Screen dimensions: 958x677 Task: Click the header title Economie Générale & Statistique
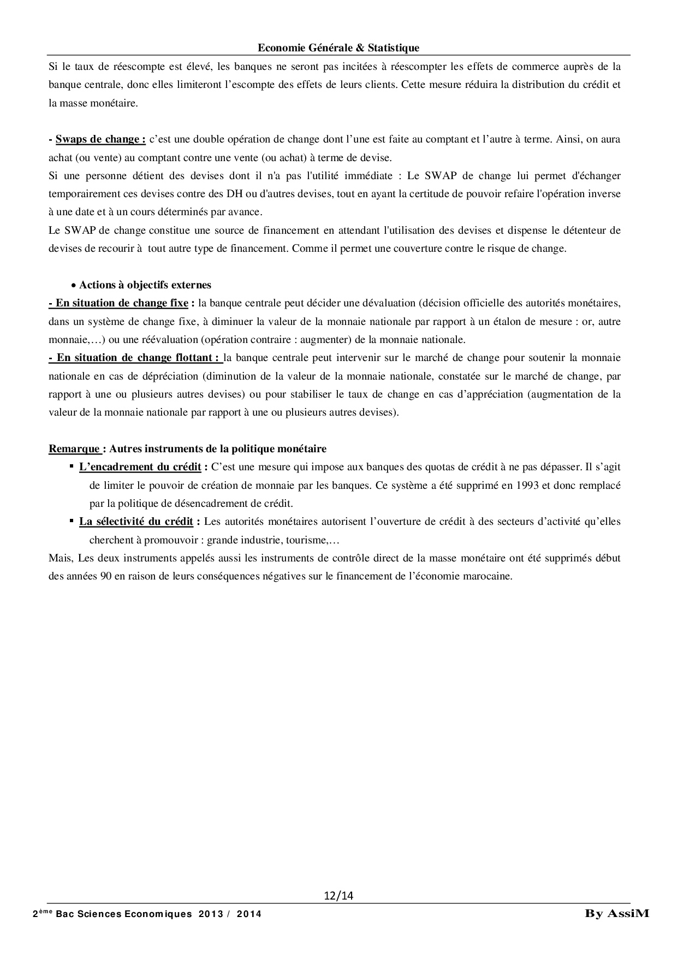(339, 48)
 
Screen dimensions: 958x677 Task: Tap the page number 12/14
(339, 895)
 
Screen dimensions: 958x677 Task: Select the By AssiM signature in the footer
(617, 913)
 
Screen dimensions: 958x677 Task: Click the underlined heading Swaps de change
(100, 139)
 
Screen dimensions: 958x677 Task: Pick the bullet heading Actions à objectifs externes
(145, 285)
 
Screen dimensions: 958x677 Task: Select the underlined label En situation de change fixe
(118, 303)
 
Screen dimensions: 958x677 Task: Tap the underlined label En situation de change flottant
(135, 358)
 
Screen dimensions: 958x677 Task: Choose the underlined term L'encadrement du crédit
(140, 467)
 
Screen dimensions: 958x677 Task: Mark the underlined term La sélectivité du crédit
(136, 522)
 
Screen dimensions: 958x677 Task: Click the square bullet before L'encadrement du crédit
(72, 466)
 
